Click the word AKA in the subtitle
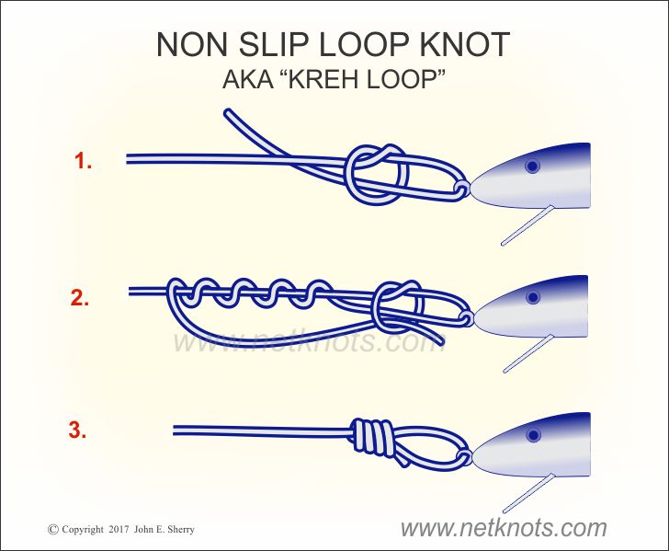click(x=247, y=79)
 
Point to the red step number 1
click(x=83, y=161)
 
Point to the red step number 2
click(x=79, y=298)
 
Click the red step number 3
click(x=77, y=430)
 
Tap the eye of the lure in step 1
click(x=532, y=166)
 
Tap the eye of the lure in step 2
click(x=532, y=297)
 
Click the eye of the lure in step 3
click(x=533, y=435)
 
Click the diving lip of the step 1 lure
click(x=527, y=225)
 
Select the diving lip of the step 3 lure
click(x=529, y=493)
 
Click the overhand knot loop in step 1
click(x=377, y=174)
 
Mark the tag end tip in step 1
click(x=228, y=113)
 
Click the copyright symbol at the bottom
click(x=53, y=530)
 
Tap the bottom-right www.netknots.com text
click(x=504, y=528)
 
